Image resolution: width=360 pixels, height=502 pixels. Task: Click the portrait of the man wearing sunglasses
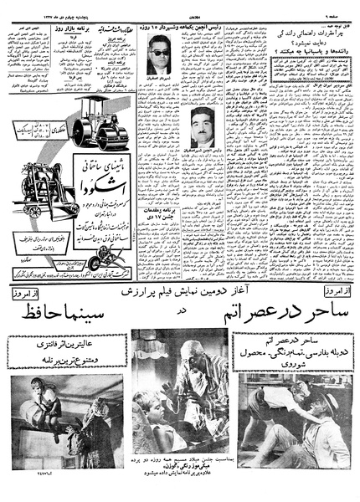[159, 61]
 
